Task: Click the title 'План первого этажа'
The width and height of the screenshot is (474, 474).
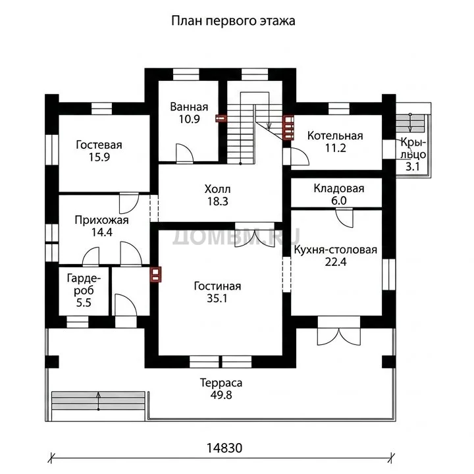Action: tap(233, 21)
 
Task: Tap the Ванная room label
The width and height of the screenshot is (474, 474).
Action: tap(189, 107)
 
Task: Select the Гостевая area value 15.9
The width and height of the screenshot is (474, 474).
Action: tap(99, 157)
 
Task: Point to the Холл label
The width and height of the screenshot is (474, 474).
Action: tap(217, 189)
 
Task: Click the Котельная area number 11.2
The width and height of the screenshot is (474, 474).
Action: tap(335, 148)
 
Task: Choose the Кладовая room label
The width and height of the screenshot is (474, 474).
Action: tap(339, 188)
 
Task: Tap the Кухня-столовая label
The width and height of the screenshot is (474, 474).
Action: tap(336, 250)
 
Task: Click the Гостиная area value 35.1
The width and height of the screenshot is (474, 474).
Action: tap(217, 298)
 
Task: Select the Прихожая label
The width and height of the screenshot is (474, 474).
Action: tap(101, 220)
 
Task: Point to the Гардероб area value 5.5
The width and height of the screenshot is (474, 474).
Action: tap(84, 303)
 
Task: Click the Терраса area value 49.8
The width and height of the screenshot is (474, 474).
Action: tap(221, 395)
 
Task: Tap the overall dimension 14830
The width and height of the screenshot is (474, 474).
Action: tap(224, 448)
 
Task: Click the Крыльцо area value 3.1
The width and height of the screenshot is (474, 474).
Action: tap(412, 167)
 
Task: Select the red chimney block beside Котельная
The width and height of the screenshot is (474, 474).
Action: tap(289, 128)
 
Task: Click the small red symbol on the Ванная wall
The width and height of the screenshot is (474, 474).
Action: tap(221, 118)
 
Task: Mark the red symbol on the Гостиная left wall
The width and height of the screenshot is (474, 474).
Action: tap(155, 275)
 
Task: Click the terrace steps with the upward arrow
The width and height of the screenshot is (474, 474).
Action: tap(98, 401)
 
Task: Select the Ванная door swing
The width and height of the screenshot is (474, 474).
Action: tap(184, 153)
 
